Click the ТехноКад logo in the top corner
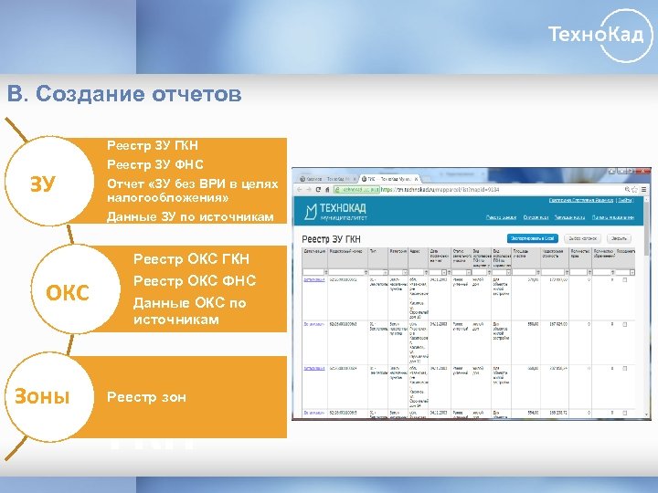click(x=600, y=37)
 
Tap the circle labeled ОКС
click(x=69, y=292)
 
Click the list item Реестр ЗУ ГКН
click(x=153, y=146)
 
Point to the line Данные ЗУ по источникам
click(x=190, y=217)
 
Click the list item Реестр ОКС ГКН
click(x=191, y=259)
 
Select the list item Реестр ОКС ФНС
click(x=195, y=281)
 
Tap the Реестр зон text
click(x=147, y=397)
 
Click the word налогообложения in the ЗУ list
click(x=167, y=197)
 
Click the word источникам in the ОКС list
click(x=176, y=320)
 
